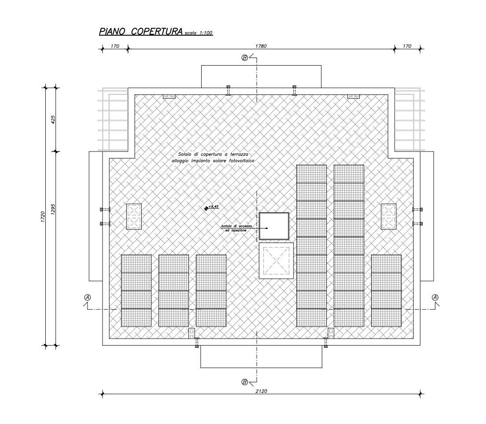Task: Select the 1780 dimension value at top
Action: (261, 46)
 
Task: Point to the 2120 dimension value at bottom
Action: (261, 390)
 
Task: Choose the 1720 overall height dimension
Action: (43, 217)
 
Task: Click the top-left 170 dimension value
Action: (114, 46)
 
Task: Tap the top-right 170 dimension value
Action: (407, 46)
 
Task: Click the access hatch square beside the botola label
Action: (274, 226)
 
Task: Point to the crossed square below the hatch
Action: (276, 261)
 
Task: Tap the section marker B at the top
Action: (245, 58)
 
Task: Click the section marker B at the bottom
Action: (245, 382)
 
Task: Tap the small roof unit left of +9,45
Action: (134, 216)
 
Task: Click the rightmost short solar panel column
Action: (386, 291)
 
